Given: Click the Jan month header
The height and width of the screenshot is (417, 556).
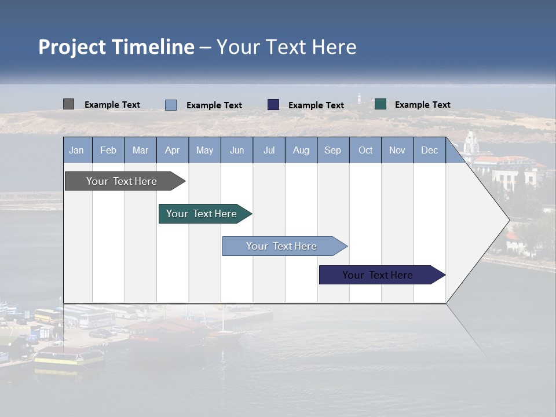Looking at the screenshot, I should tap(76, 150).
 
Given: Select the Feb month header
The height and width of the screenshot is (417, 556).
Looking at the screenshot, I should tap(108, 150).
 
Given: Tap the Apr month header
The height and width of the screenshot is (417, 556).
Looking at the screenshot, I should tap(172, 150).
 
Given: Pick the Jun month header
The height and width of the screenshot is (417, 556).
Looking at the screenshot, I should tap(237, 150).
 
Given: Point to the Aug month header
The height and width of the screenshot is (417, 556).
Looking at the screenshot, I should tap(301, 150).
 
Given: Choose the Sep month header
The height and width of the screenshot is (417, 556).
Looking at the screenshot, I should tap(332, 150).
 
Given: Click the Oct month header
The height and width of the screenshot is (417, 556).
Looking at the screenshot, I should tap(365, 150).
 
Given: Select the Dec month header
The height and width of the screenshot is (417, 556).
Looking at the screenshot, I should tap(429, 150).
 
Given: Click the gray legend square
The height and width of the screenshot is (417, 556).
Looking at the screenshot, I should tap(68, 104).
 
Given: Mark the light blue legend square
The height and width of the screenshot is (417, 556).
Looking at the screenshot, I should tap(171, 105).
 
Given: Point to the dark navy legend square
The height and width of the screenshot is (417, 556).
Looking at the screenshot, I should tap(273, 105).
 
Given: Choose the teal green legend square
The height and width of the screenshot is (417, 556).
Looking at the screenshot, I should tap(381, 104).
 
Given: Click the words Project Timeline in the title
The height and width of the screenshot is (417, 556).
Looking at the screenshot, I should tap(116, 47).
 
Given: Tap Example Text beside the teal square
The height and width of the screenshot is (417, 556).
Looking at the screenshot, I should tap(422, 105).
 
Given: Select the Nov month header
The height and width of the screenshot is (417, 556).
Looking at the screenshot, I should tap(397, 150).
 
